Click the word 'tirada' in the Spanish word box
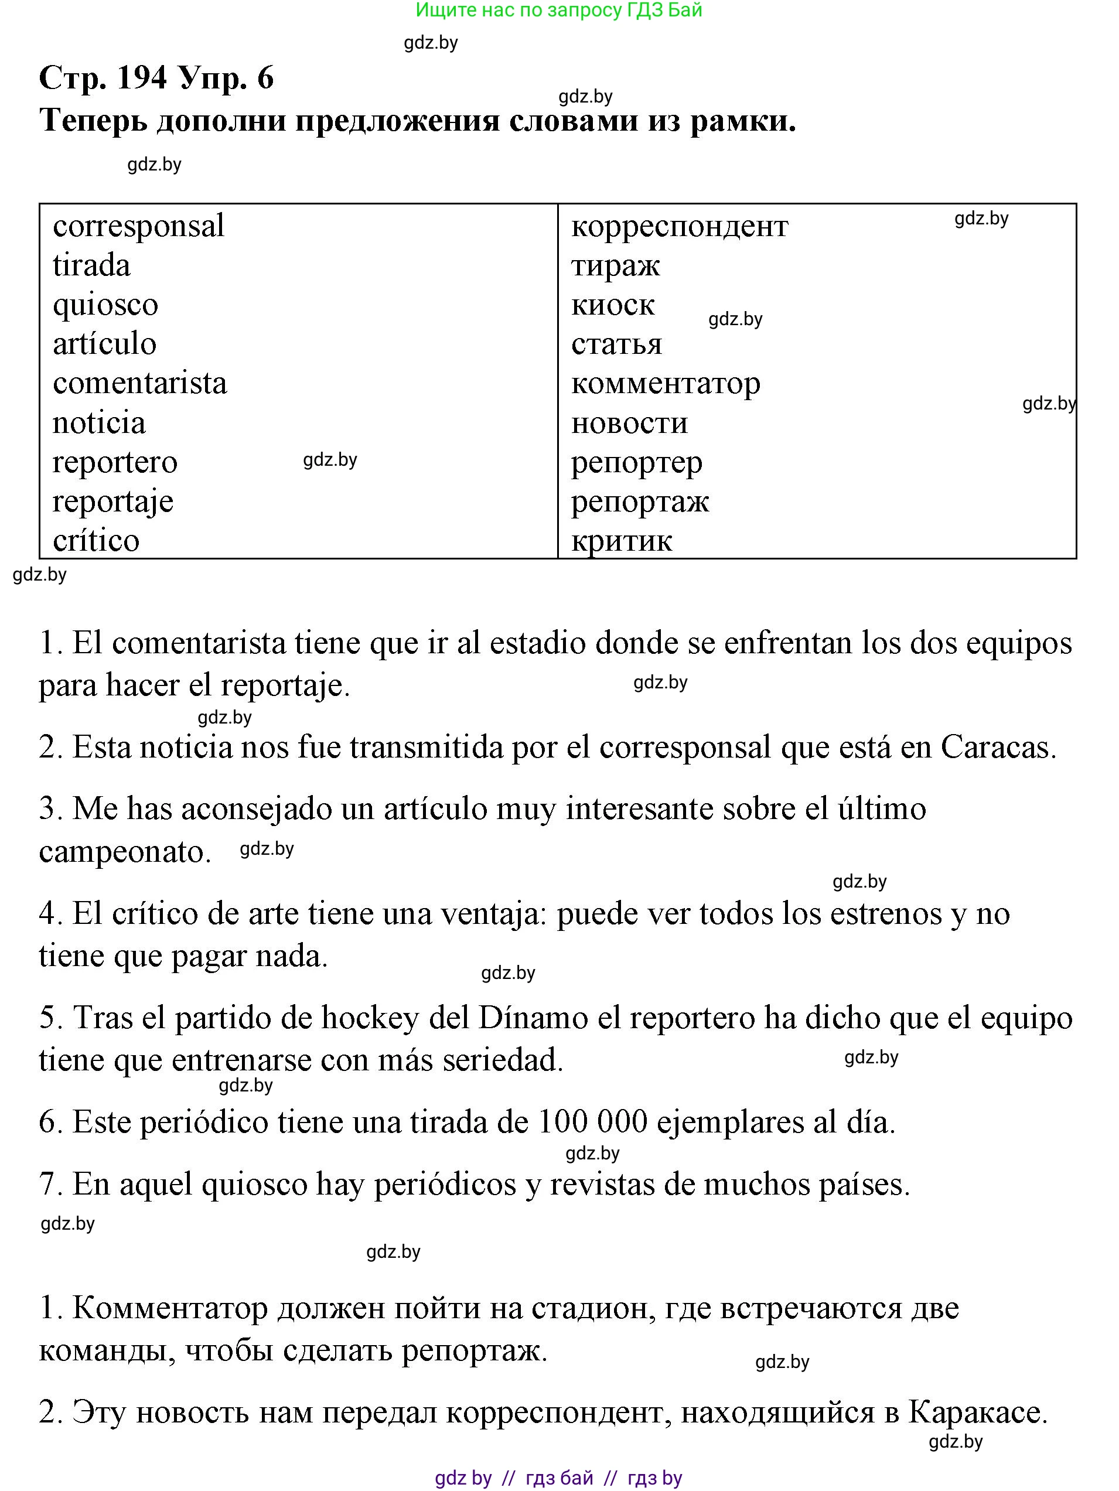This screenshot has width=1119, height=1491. click(x=91, y=265)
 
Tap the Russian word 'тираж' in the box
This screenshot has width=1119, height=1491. click(x=615, y=265)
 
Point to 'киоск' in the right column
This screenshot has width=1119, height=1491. click(x=613, y=305)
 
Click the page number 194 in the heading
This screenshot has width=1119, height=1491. click(x=142, y=78)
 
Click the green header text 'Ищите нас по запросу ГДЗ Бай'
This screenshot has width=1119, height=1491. click(x=559, y=10)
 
